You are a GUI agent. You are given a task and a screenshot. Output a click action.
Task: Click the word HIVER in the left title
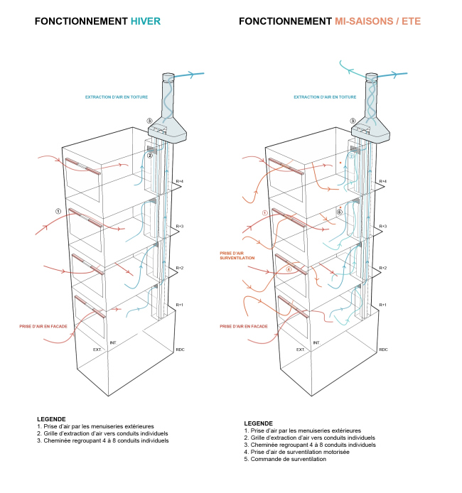146,22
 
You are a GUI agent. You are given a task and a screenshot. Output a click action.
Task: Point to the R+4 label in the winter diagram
180,182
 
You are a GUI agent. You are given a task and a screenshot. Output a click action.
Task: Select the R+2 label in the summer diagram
383,268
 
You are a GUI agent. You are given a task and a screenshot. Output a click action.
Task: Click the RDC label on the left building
180,350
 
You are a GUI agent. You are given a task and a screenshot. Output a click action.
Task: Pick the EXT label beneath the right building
300,350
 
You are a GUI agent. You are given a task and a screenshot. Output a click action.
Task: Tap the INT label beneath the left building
112,342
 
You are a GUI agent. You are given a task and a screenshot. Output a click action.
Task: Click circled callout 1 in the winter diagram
58,212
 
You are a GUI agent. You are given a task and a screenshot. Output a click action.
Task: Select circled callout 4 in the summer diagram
288,269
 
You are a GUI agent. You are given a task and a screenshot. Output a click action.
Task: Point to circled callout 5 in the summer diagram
340,212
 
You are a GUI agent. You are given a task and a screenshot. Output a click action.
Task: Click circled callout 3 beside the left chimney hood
149,121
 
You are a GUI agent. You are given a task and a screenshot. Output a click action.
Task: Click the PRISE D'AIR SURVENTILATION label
237,254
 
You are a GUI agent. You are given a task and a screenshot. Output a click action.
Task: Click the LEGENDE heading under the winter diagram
51,419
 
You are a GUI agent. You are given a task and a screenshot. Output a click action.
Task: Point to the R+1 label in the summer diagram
383,305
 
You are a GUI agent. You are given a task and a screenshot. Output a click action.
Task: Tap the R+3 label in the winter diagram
180,226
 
